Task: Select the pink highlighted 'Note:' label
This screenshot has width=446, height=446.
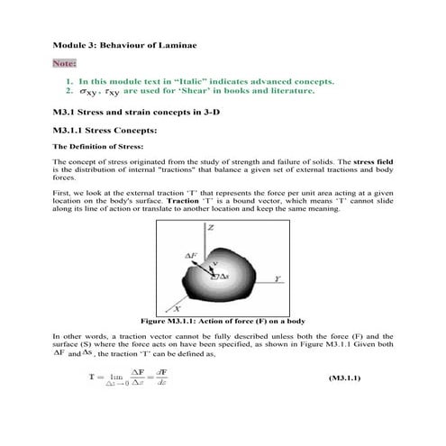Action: click(x=64, y=64)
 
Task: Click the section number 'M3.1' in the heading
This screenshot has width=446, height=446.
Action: click(x=67, y=114)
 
